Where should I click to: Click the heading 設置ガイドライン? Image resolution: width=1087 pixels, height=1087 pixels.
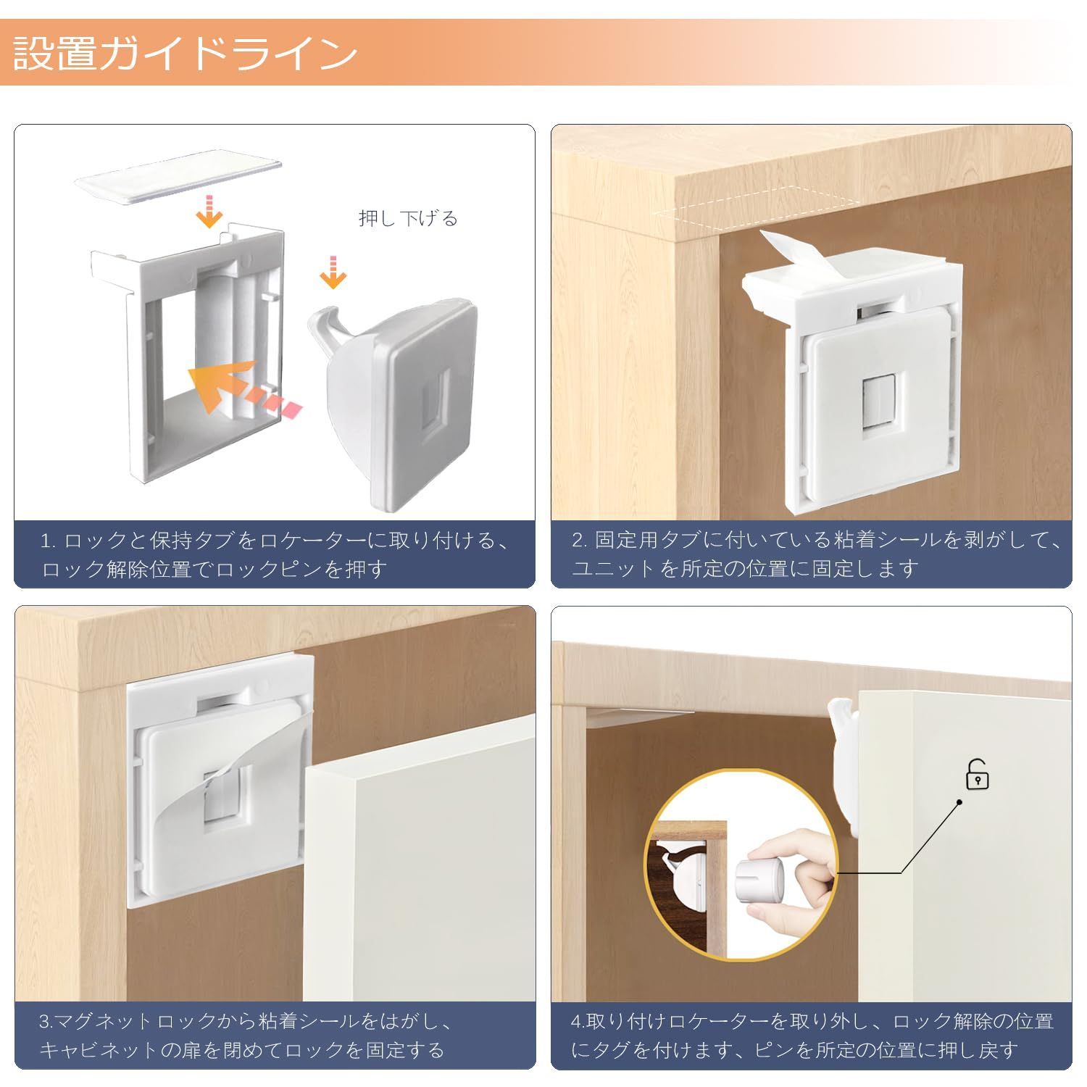[x=185, y=54]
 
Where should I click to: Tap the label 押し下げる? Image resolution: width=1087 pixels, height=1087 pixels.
[x=408, y=218]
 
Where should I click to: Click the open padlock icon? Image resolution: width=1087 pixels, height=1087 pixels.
[x=978, y=774]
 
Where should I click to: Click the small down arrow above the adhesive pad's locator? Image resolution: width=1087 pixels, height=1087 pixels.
[x=209, y=210]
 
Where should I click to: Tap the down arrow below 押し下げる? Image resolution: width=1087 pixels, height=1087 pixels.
[x=333, y=272]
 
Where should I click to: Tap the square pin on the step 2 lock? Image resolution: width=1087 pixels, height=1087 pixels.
[x=878, y=409]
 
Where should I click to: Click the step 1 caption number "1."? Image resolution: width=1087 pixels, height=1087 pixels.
[x=48, y=541]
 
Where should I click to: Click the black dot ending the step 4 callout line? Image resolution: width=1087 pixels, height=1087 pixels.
[x=959, y=802]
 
